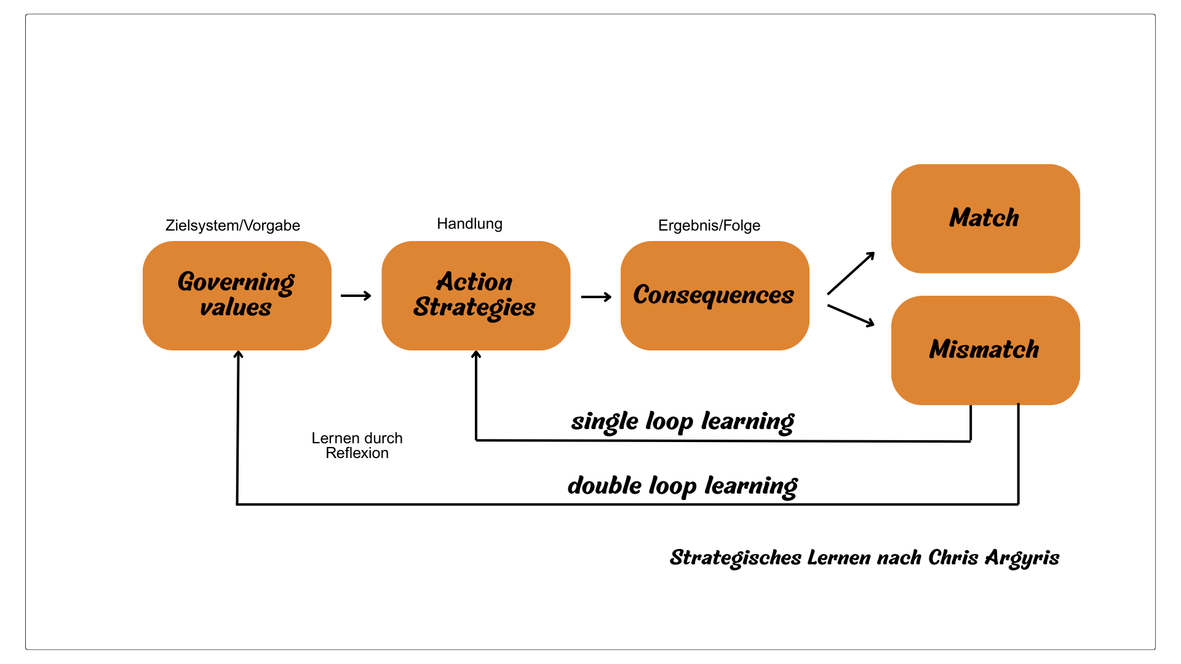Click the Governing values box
(237, 295)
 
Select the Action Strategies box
(475, 295)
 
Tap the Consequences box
(714, 295)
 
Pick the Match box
(985, 218)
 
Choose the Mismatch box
(985, 350)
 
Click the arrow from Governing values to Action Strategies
(356, 296)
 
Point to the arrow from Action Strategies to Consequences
(596, 297)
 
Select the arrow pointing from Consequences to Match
(851, 273)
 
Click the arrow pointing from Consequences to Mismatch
(851, 315)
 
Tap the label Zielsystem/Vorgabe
(233, 226)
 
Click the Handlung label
(469, 224)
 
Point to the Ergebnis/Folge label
(709, 226)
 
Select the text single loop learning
(682, 422)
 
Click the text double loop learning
(682, 486)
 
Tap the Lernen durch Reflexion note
(357, 446)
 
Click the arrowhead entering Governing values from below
(238, 354)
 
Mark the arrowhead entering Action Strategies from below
(476, 354)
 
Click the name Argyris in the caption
(1022, 558)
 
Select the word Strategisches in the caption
(735, 558)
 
